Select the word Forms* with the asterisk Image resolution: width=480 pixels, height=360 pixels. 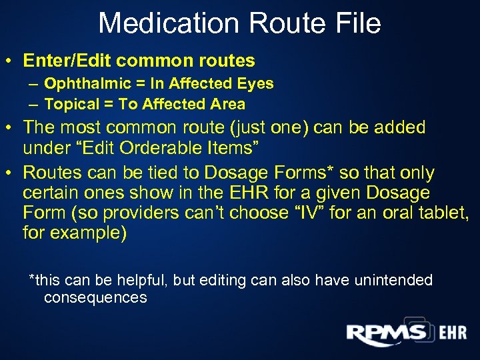click(307, 173)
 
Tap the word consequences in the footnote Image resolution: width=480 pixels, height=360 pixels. click(95, 297)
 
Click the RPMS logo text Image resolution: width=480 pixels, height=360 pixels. click(387, 333)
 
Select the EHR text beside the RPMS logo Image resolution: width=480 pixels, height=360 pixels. click(453, 333)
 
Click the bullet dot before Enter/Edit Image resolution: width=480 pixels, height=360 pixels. click(11, 61)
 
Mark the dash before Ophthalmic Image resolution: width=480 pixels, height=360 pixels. click(33, 84)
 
